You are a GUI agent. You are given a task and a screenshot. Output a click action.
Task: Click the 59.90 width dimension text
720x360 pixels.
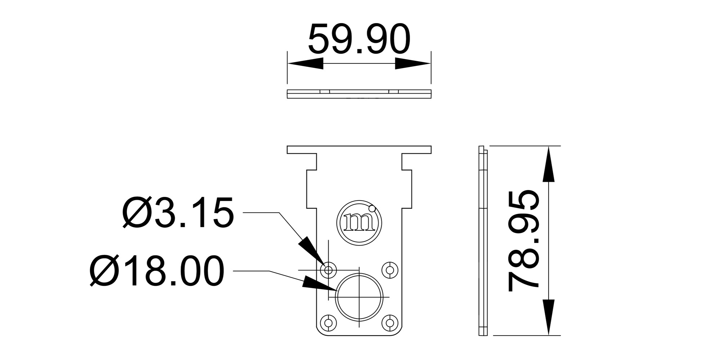tap(359, 39)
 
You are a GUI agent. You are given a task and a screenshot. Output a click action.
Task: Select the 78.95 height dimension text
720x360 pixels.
tap(523, 241)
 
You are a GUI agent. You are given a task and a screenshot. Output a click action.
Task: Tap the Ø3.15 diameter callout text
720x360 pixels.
tap(178, 213)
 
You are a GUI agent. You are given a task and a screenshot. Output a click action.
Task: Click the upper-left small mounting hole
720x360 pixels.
tap(328, 270)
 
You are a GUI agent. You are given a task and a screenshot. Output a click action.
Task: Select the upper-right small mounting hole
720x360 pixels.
tap(390, 270)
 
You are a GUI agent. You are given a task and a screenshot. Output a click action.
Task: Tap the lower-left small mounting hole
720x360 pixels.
tap(328, 322)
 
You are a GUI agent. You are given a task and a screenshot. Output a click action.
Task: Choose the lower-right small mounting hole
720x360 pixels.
tap(390, 322)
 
